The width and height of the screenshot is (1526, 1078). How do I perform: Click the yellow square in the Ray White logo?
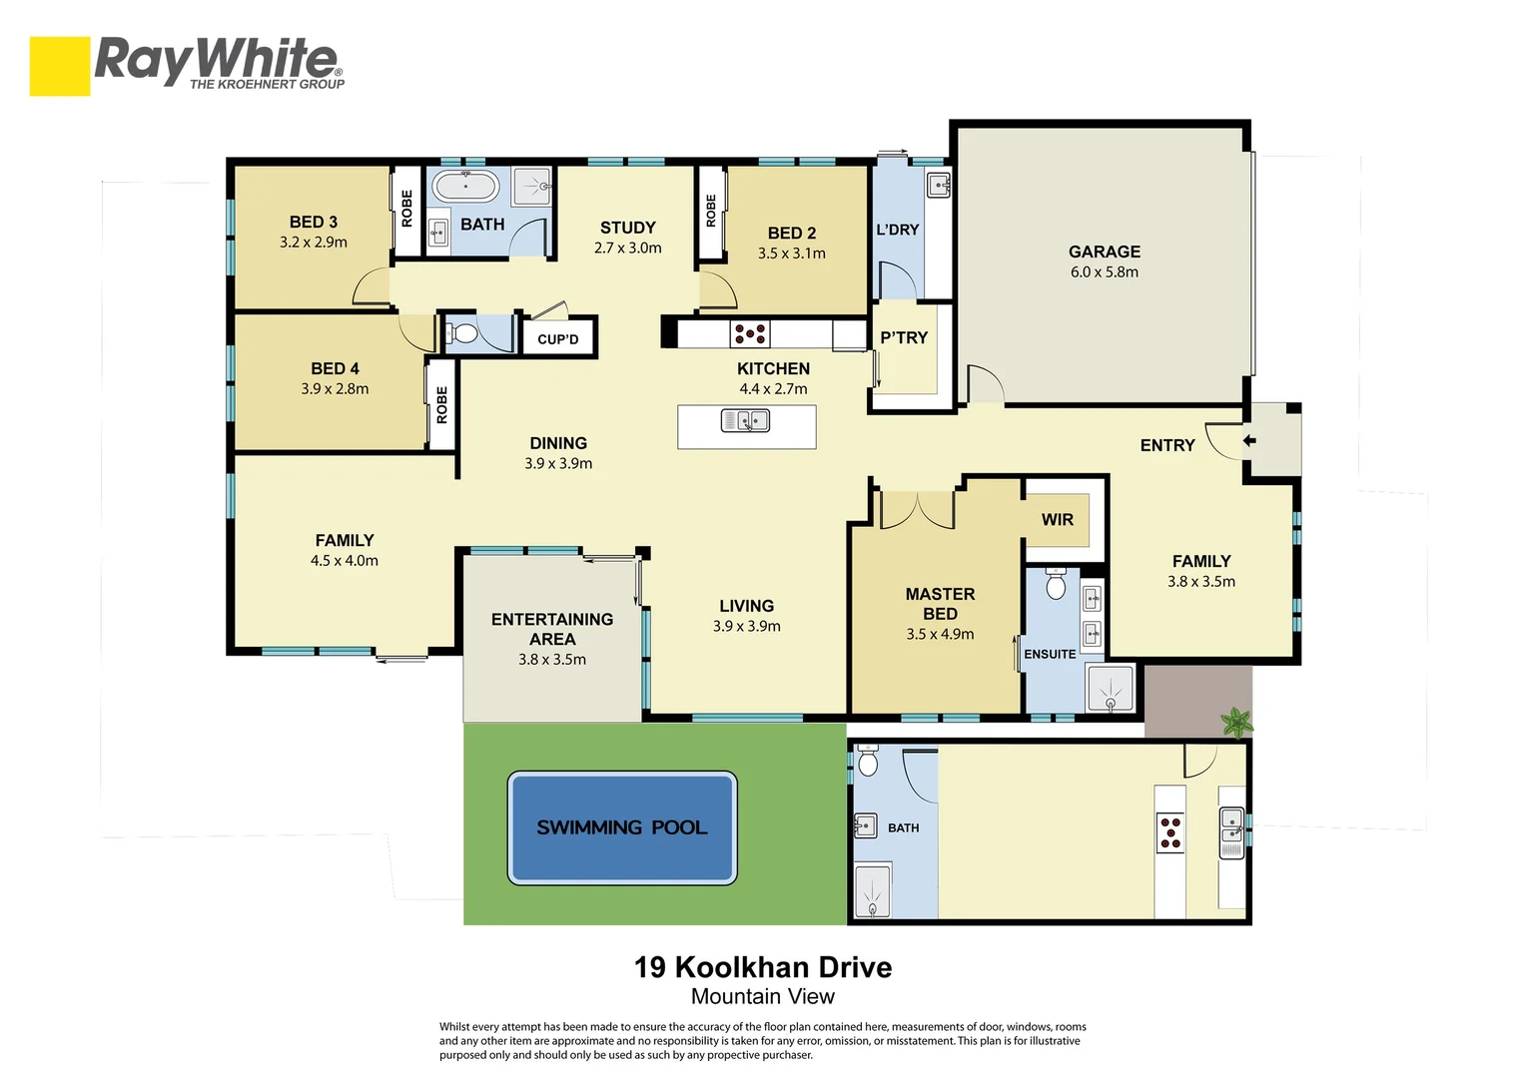click(60, 66)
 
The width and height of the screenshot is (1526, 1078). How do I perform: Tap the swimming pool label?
click(621, 827)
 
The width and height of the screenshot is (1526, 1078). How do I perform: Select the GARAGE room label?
click(1104, 252)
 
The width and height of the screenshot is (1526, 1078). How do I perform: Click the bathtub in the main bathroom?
click(465, 186)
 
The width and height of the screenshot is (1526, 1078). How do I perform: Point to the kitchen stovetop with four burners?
click(750, 333)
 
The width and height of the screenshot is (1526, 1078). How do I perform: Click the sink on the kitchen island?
click(745, 422)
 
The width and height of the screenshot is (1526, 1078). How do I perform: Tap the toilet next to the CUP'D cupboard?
click(462, 333)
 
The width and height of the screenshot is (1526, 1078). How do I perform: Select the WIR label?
click(1057, 519)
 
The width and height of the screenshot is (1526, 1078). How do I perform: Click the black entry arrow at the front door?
click(1248, 440)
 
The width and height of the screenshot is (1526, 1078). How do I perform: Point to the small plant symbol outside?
click(1236, 721)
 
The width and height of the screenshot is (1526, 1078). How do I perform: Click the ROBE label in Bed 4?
click(441, 405)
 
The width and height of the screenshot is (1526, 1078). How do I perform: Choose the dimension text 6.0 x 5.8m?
click(1104, 272)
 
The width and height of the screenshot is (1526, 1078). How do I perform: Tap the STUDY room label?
click(627, 228)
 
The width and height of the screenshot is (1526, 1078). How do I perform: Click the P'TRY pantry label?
click(904, 338)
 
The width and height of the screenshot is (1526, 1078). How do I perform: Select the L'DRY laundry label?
click(897, 230)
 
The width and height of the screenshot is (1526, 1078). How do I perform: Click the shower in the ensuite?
click(1111, 689)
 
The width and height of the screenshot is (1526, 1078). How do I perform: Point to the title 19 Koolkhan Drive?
click(763, 967)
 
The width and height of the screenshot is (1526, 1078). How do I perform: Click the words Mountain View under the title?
click(763, 996)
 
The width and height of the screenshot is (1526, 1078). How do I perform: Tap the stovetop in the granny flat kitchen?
click(1170, 832)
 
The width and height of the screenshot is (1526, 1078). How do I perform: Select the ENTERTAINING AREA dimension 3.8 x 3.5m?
click(552, 660)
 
